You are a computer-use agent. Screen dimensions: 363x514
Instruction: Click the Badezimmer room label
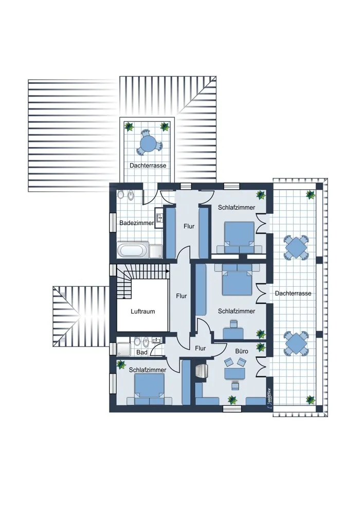pos(136,223)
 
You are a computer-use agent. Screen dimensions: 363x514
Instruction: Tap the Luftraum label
pos(142,311)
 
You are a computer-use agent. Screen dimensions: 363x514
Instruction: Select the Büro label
pos(242,351)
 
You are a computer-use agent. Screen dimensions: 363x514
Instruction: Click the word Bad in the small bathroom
pos(142,353)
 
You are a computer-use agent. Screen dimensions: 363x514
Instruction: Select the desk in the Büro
pos(235,373)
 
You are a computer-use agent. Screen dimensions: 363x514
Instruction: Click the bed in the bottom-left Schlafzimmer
pos(150,389)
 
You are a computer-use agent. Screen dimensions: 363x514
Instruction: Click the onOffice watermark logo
pos(269,398)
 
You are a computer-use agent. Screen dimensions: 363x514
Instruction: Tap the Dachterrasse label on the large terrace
pos(293,293)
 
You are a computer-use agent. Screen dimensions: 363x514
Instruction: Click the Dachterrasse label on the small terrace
pos(148,166)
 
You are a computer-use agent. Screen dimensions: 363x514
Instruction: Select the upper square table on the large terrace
pos(296,248)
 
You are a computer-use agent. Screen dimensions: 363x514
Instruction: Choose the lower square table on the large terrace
pos(296,343)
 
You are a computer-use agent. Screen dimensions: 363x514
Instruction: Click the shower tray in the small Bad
pos(124,350)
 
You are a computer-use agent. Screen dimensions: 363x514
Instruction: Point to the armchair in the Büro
pos(202,372)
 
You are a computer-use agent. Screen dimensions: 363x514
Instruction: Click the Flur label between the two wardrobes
pos(189,226)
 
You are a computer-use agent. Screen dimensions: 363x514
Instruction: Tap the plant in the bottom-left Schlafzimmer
pos(121,364)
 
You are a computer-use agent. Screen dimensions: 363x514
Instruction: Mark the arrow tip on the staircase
pos(169,271)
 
